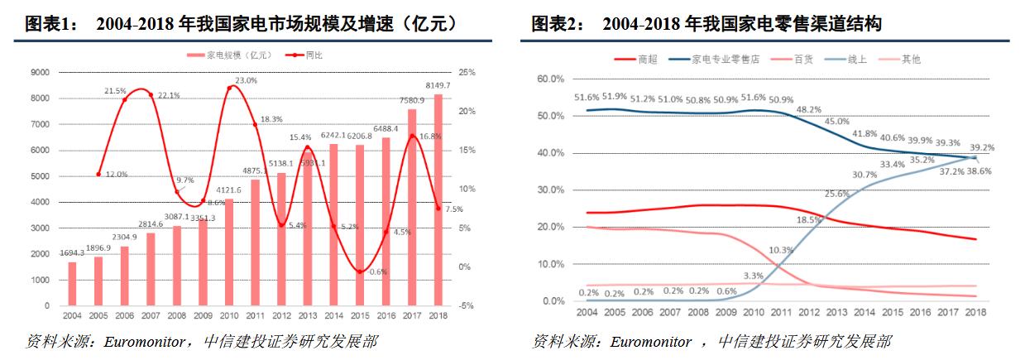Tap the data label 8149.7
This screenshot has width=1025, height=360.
pyautogui.click(x=438, y=85)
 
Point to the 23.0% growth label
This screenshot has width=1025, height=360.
pyautogui.click(x=246, y=80)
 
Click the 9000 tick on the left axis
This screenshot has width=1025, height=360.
pyautogui.click(x=40, y=73)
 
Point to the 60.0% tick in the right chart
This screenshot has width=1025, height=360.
pyautogui.click(x=550, y=79)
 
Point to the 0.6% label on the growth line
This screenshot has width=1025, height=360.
pyautogui.click(x=379, y=271)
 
